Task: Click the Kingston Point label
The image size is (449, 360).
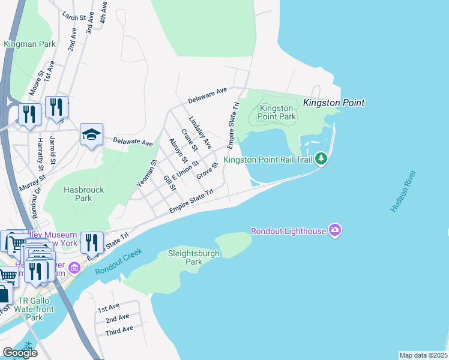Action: pyautogui.click(x=334, y=103)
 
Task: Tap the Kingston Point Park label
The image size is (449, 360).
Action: pyautogui.click(x=277, y=112)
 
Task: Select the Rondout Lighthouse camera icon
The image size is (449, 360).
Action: pyautogui.click(x=335, y=230)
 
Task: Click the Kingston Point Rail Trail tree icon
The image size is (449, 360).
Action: pyautogui.click(x=322, y=159)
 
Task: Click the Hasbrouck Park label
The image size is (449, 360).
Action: pyautogui.click(x=84, y=194)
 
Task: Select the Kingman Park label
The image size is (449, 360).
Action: pyautogui.click(x=29, y=44)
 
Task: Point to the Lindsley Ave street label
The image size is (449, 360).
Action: pyautogui.click(x=200, y=132)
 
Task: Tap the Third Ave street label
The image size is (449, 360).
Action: pyautogui.click(x=119, y=331)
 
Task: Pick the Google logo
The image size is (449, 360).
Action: pyautogui.click(x=20, y=353)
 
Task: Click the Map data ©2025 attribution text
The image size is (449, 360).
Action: pyautogui.click(x=423, y=355)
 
